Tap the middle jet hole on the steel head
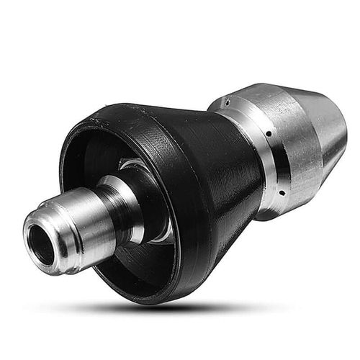pyautogui.click(x=269, y=134)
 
